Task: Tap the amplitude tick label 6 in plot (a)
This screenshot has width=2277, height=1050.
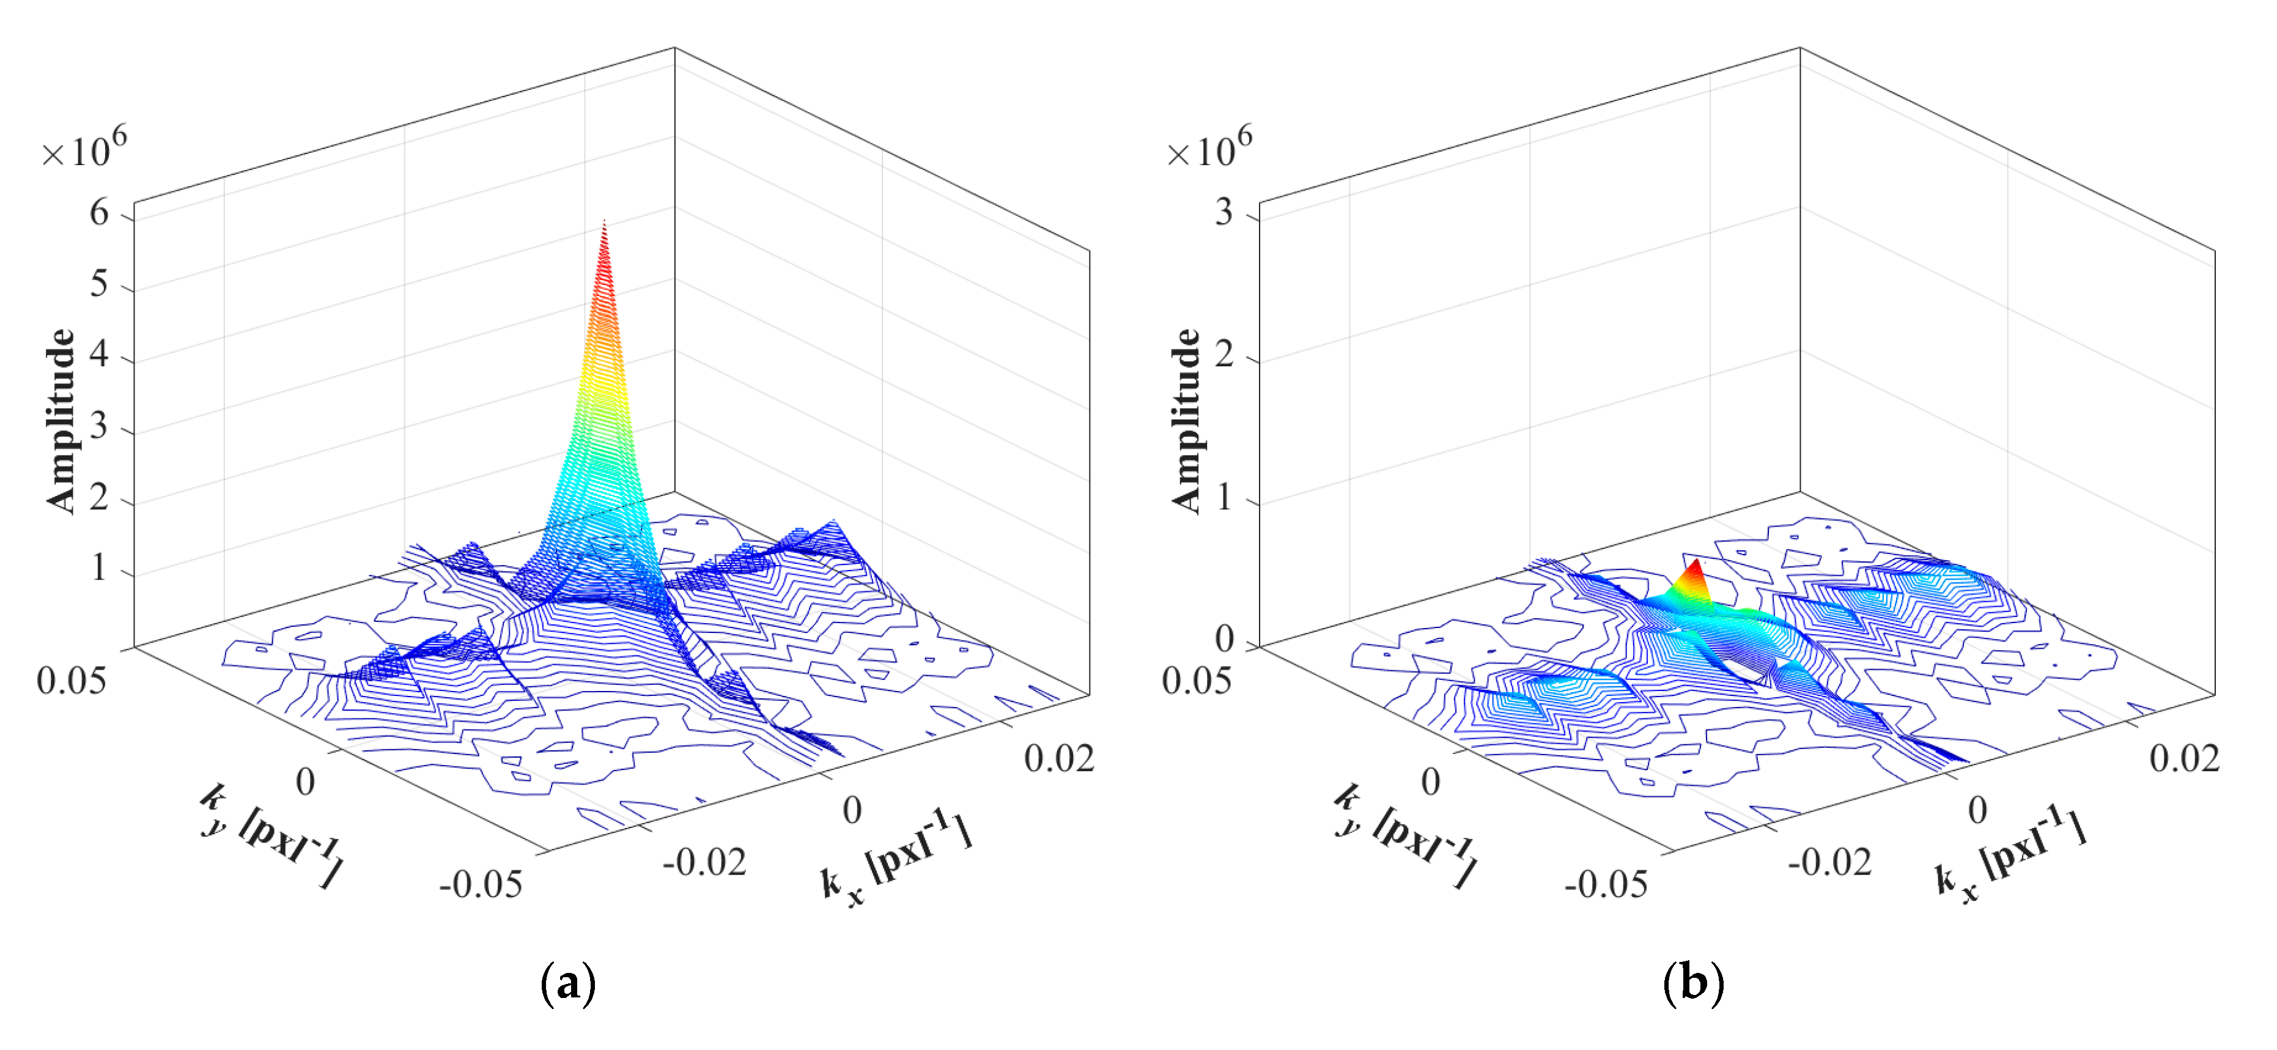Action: [x=99, y=213]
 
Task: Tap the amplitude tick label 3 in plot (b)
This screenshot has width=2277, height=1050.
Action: [x=1223, y=213]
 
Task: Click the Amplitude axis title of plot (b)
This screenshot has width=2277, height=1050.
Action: [x=1186, y=420]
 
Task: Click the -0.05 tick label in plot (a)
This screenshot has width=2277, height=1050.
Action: [x=481, y=884]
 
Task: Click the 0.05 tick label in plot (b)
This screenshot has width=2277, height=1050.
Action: [x=1196, y=681]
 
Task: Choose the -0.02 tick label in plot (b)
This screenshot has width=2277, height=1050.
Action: [x=1829, y=862]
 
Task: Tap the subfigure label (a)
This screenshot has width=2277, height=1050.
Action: [x=567, y=983]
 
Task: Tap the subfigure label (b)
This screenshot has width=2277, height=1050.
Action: [x=1692, y=983]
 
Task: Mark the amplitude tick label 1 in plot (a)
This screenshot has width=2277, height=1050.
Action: [x=99, y=568]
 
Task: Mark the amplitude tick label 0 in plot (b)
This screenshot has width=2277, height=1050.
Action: [x=1224, y=638]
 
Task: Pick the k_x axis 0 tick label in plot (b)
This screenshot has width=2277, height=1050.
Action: [x=1977, y=810]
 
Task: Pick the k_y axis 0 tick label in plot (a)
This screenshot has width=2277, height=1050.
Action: [x=305, y=782]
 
